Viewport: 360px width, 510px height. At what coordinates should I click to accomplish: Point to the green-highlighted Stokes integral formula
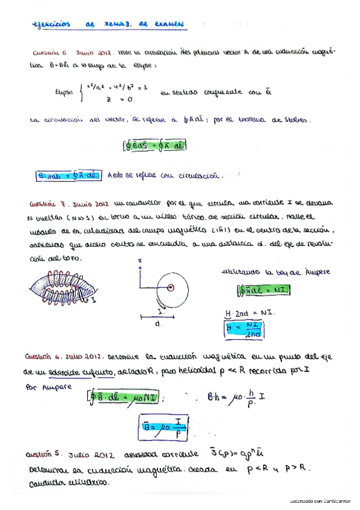[x=153, y=144]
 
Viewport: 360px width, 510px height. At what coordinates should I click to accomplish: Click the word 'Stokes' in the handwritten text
[x=301, y=121]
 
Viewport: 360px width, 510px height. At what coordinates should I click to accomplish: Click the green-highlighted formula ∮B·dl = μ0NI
[x=124, y=397]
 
